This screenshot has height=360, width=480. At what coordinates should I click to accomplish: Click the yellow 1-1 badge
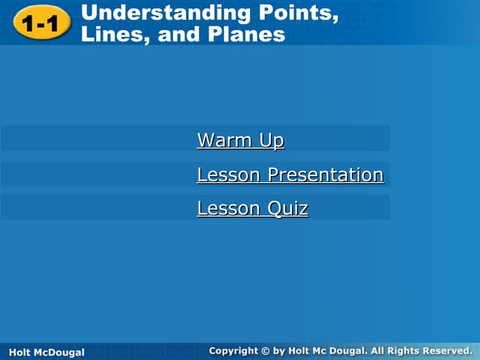[x=40, y=25]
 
